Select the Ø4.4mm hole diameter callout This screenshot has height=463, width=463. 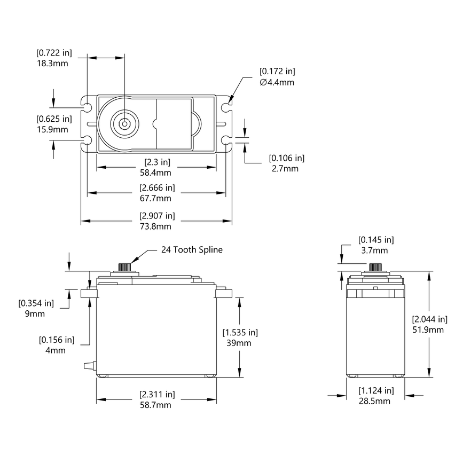(x=277, y=82)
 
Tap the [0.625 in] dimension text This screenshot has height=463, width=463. (x=53, y=119)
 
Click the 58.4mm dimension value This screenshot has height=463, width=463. (x=156, y=172)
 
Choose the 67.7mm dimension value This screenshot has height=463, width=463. (x=156, y=198)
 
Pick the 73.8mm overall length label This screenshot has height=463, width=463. (x=156, y=226)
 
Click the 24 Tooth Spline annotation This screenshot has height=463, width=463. (x=192, y=249)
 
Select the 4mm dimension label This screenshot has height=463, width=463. (x=56, y=350)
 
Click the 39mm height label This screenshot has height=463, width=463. (x=240, y=343)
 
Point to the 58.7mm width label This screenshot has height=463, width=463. (x=156, y=405)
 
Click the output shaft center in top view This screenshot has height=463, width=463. (x=124, y=124)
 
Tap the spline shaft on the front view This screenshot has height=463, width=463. (x=124, y=266)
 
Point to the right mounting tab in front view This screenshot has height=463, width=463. (x=225, y=292)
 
